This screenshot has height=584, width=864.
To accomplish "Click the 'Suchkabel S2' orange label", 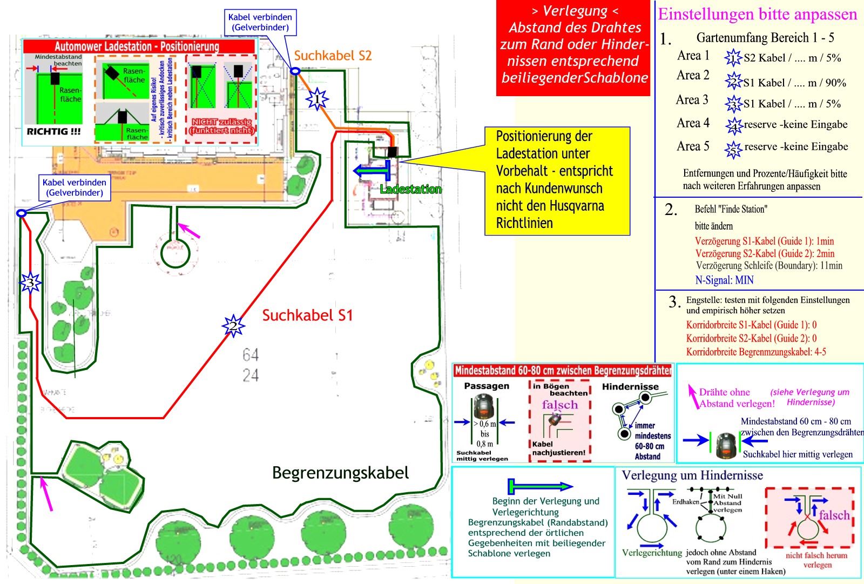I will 333,56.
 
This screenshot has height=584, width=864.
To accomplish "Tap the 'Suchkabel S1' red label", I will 307,316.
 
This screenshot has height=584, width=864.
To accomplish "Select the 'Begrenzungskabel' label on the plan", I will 340,473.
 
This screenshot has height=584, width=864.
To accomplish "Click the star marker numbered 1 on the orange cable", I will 318,99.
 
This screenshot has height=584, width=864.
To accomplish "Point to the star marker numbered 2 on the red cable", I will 233,325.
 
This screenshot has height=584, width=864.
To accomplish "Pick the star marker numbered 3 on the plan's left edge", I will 30,283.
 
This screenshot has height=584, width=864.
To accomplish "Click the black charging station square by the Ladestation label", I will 391,152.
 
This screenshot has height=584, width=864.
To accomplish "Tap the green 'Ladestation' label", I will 410,189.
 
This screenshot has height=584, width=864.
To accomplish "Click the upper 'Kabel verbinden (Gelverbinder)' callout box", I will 260,22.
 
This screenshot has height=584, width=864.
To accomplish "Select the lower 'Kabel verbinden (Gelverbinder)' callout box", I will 75,187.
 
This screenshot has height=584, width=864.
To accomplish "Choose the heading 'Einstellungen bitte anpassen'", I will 757,15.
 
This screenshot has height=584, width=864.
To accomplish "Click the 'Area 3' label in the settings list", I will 692,100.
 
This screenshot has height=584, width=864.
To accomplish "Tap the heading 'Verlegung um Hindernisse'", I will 692,475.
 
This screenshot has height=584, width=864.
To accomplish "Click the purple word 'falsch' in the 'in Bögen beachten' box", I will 559,405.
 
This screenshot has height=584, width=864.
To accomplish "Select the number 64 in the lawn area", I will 251,355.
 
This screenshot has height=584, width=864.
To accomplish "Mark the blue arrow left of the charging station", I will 372,171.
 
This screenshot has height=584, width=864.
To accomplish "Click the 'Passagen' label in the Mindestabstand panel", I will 487,386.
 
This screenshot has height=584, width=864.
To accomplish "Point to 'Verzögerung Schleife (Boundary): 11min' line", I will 769,265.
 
